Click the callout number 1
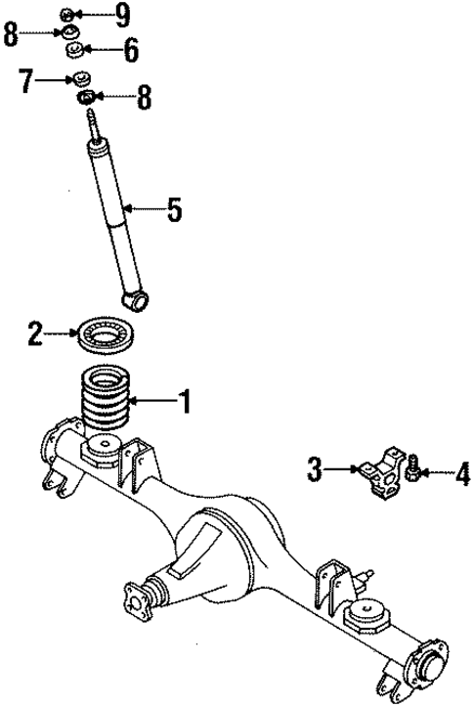[x=182, y=400]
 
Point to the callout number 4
[x=461, y=476]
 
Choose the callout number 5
[x=173, y=209]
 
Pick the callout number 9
[x=122, y=14]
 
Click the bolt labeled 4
[x=414, y=473]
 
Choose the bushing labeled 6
[x=71, y=49]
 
